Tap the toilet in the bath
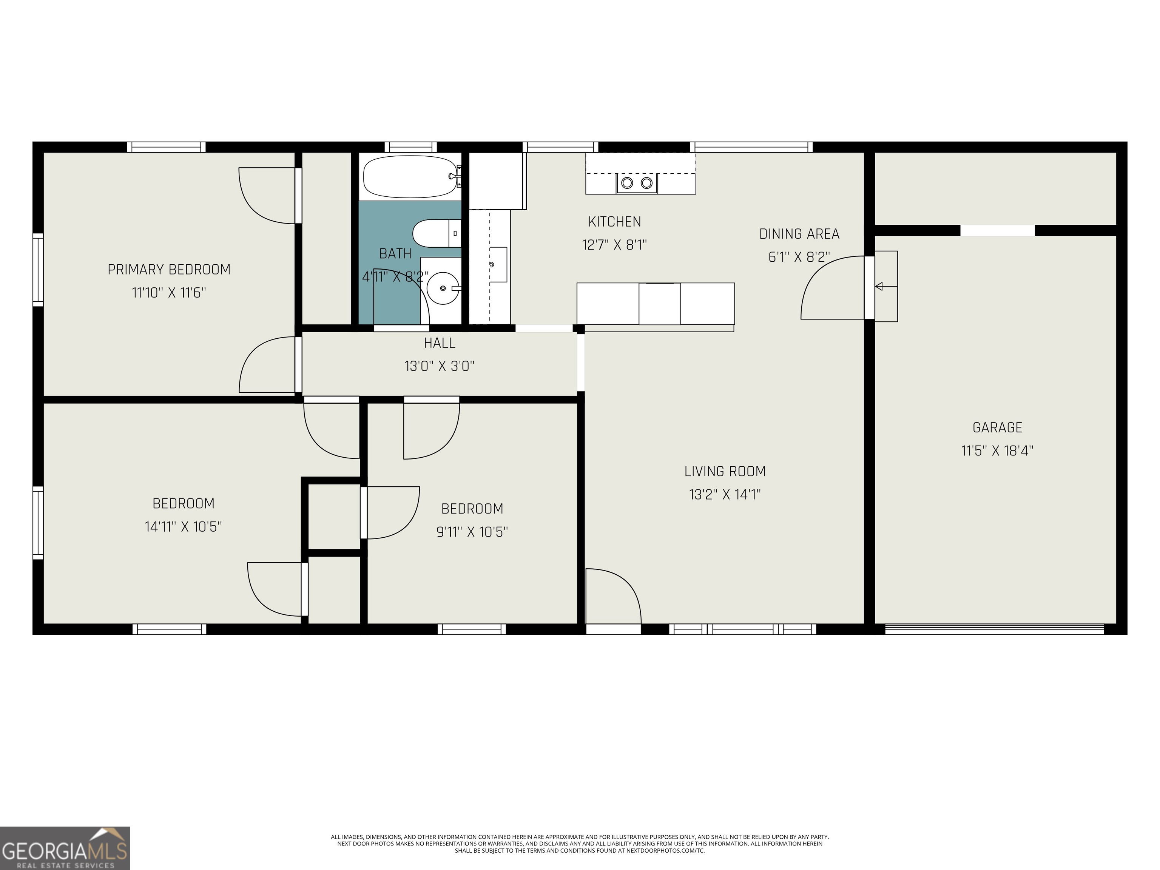click(x=435, y=233)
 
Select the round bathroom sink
click(x=442, y=288)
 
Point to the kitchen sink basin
click(x=498, y=265)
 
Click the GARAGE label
click(x=997, y=428)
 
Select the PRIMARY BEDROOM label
click(x=169, y=270)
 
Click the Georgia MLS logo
click(x=65, y=848)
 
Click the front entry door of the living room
click(x=612, y=598)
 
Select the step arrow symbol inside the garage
click(x=879, y=286)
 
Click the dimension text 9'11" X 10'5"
click(x=472, y=532)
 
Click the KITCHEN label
click(x=614, y=222)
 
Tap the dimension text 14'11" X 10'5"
click(x=183, y=526)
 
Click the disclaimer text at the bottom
click(x=580, y=844)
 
